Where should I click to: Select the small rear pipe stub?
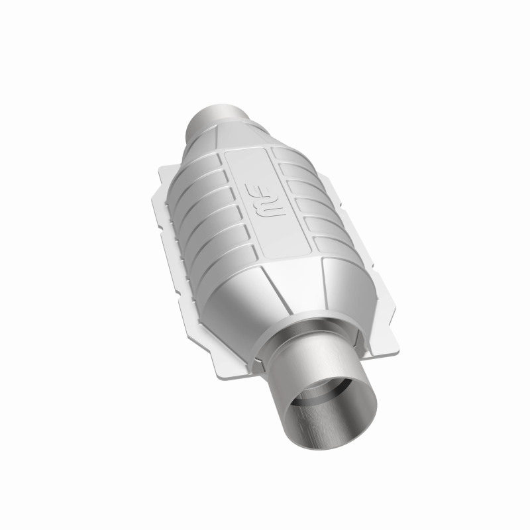219,118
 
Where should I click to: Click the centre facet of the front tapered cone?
291,291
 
